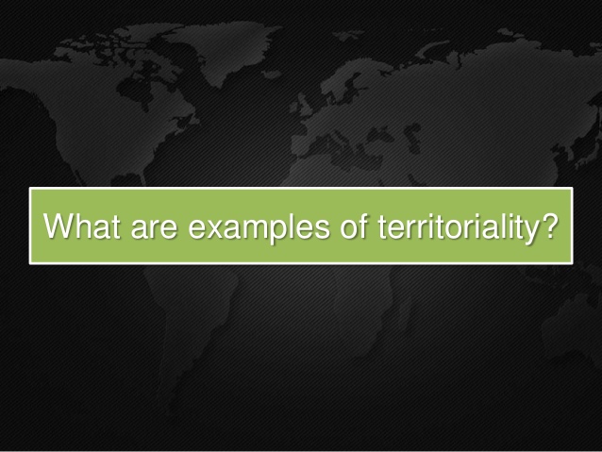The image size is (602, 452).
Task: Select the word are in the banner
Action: point(154,228)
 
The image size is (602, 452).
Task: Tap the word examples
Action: point(259,228)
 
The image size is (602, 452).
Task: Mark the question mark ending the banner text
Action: point(551,226)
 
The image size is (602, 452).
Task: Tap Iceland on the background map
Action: point(273,75)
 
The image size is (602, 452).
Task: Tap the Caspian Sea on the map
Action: point(412,136)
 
